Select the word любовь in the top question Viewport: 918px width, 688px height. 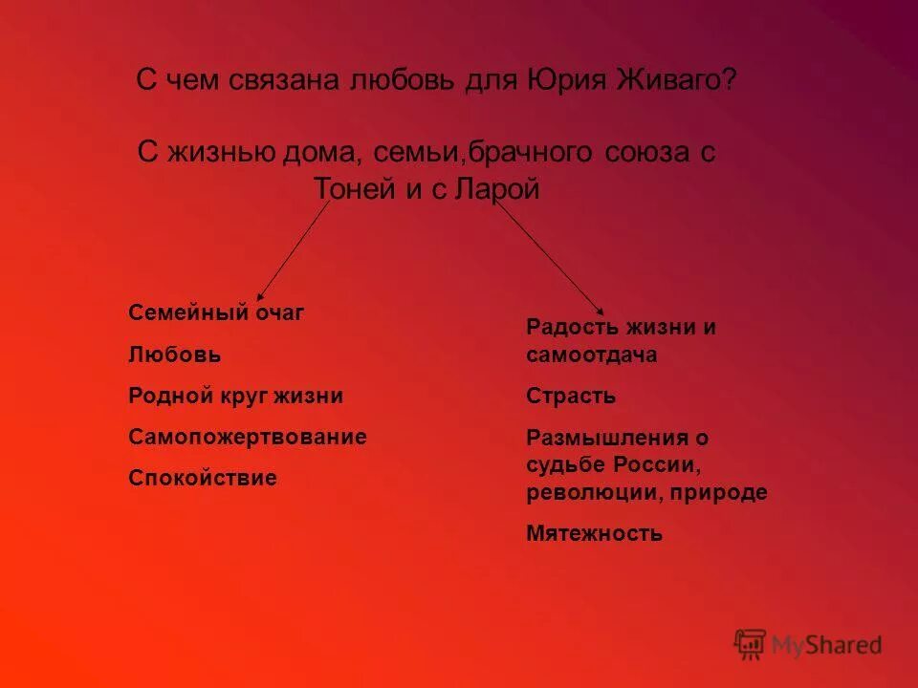point(405,79)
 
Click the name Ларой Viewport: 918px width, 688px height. point(497,189)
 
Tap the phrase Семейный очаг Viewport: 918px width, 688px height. point(216,312)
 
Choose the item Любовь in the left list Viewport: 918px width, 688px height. point(175,355)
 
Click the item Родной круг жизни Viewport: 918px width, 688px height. point(235,396)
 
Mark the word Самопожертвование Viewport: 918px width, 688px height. point(248,438)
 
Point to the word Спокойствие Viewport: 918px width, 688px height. point(203,479)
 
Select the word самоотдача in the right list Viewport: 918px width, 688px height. point(591,355)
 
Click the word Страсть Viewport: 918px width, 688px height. point(571,396)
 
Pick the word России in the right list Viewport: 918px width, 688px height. point(665,465)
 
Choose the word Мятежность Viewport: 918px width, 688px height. point(594,534)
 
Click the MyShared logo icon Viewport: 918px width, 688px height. point(751,644)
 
